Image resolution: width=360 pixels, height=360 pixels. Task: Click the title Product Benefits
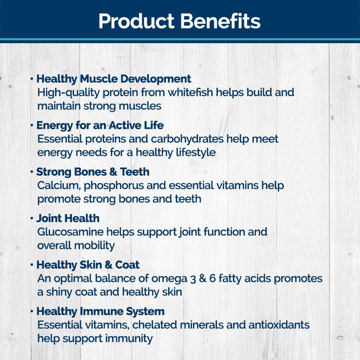point(179,21)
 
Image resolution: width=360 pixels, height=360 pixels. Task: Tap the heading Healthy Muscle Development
point(114,79)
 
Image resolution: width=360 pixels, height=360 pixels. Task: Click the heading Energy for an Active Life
point(100,125)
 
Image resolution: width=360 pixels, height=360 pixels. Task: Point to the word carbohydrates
point(187,139)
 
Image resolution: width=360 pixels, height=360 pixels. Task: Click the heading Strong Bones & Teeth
point(93,172)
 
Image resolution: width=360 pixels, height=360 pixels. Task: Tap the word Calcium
point(59,185)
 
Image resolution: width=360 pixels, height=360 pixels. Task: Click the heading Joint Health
point(68,219)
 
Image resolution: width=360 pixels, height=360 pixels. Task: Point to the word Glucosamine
point(70,232)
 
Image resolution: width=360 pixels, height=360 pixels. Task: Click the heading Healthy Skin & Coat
point(88,265)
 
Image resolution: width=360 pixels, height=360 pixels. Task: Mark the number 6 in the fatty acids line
point(212,279)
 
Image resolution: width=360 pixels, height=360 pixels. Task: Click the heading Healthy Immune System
point(100,312)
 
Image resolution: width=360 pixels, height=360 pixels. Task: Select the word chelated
point(154,325)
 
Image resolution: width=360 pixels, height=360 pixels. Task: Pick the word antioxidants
point(279,325)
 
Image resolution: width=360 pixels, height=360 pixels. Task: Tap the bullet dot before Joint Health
point(32,219)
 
